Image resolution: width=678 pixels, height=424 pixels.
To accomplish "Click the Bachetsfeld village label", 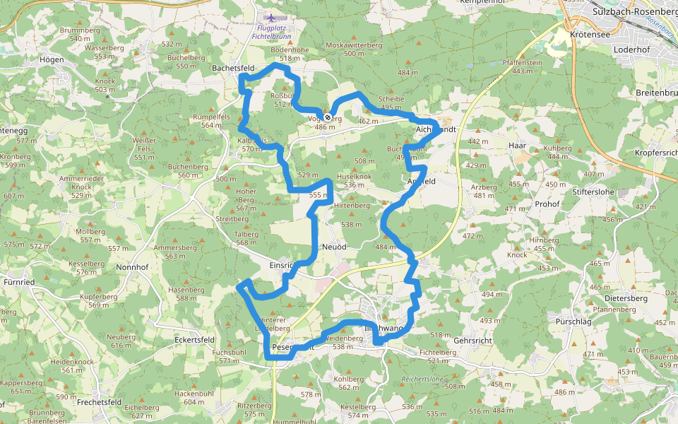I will pyautogui.click(x=233, y=68).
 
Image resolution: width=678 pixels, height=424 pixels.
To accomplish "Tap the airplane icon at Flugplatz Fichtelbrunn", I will pyautogui.click(x=270, y=16).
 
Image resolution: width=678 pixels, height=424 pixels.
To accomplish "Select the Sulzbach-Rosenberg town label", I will pyautogui.click(x=634, y=12).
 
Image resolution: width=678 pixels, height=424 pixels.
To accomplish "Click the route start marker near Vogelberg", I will pyautogui.click(x=328, y=117).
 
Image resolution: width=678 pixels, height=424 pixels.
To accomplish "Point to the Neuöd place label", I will pyautogui.click(x=334, y=247).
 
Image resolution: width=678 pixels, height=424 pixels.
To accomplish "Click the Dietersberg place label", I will pyautogui.click(x=626, y=298).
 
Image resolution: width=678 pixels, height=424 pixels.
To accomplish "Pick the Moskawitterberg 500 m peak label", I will pyautogui.click(x=354, y=45).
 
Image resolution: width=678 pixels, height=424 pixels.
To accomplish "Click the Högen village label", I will pyautogui.click(x=52, y=60).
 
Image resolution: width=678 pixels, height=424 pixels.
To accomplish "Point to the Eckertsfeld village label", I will pyautogui.click(x=194, y=339).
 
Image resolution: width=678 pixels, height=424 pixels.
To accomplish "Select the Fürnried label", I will pyautogui.click(x=19, y=282).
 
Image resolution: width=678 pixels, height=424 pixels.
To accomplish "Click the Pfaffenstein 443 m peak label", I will pyautogui.click(x=522, y=62).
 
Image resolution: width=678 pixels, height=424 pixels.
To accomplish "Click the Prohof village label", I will pyautogui.click(x=547, y=204).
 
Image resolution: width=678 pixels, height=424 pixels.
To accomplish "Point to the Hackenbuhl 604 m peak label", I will pyautogui.click(x=194, y=393).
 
